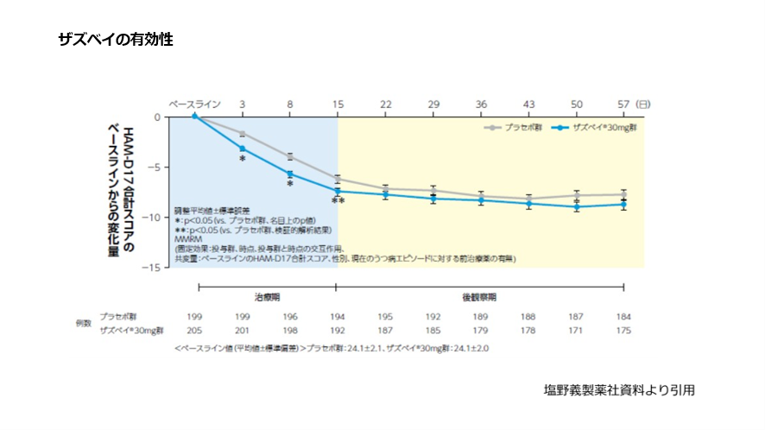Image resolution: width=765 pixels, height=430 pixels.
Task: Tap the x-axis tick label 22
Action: pyautogui.click(x=385, y=104)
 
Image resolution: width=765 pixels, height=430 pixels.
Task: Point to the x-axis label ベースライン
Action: pyautogui.click(x=194, y=104)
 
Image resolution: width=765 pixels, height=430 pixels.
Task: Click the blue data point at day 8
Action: pyautogui.click(x=290, y=174)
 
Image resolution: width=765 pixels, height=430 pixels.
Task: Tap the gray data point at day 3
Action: pyautogui.click(x=243, y=134)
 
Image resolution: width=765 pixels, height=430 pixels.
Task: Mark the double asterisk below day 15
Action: pyautogui.click(x=338, y=201)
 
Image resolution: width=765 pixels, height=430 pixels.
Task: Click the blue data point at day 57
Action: pyautogui.click(x=623, y=204)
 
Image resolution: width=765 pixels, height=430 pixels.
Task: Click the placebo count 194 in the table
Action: pyautogui.click(x=338, y=316)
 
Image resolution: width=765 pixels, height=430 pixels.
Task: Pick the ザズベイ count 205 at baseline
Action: pyautogui.click(x=194, y=330)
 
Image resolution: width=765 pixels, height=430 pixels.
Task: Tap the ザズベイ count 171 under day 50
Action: pyautogui.click(x=576, y=330)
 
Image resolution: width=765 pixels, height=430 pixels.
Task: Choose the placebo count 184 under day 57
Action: pyautogui.click(x=623, y=316)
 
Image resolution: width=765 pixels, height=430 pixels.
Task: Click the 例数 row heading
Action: pyautogui.click(x=84, y=323)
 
